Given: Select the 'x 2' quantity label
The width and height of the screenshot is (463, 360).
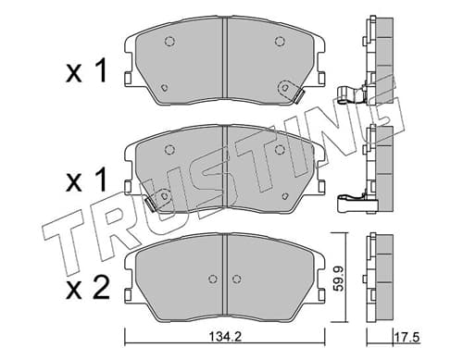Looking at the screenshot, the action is [x=88, y=288].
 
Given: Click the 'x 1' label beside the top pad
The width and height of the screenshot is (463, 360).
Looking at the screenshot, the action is [x=86, y=71].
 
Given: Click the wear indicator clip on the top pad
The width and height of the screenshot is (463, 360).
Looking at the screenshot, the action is [x=298, y=97].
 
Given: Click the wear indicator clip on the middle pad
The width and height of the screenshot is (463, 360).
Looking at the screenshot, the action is [x=151, y=205].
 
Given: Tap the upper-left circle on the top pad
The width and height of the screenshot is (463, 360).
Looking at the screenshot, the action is [x=169, y=41].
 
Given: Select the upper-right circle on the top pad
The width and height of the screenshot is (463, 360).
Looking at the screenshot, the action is [x=280, y=41].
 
